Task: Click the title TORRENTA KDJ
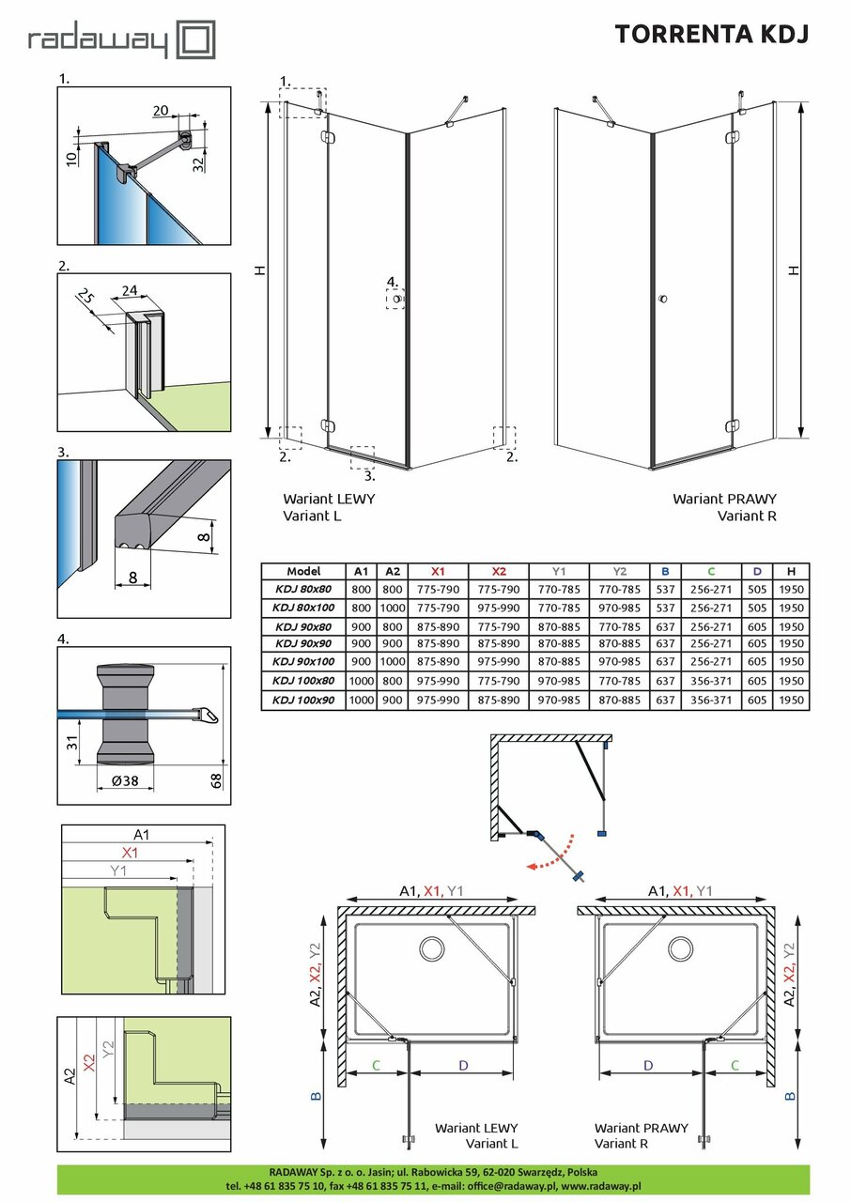pos(711,34)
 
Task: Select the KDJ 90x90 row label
pos(302,644)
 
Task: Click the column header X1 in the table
pos(438,571)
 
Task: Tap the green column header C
pos(711,571)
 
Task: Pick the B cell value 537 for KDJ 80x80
pos(664,589)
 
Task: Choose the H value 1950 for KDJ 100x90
pos(791,700)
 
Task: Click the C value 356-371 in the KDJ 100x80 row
pos(711,681)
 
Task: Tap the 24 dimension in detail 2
pos(131,292)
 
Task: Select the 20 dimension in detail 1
pos(161,111)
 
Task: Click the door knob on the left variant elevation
pos(398,299)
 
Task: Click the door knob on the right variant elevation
pos(663,299)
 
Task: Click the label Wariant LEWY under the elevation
pos(321,499)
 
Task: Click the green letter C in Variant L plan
pos(376,1065)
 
